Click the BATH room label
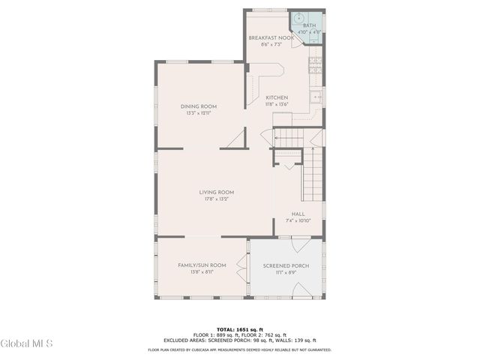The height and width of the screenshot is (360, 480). (x=309, y=25)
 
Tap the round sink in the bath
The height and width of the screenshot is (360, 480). (x=297, y=19)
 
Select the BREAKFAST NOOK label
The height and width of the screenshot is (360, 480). (x=272, y=37)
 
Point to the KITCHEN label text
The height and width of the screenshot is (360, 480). (x=277, y=97)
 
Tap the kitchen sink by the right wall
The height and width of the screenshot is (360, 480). (x=317, y=97)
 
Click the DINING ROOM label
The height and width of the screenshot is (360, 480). (x=198, y=106)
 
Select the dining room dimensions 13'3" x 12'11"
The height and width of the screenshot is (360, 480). (x=198, y=113)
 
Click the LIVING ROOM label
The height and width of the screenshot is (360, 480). (x=217, y=192)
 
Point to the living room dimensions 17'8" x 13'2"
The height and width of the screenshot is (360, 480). (x=217, y=199)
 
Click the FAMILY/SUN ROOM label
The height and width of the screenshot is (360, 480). (x=202, y=265)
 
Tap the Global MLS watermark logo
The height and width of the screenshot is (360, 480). (x=27, y=344)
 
